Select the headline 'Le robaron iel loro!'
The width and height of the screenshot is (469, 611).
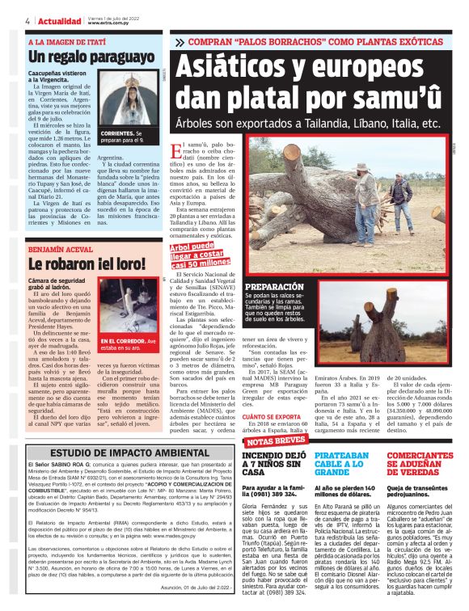point(78,263)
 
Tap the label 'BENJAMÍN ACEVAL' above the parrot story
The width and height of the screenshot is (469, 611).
point(61,250)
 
